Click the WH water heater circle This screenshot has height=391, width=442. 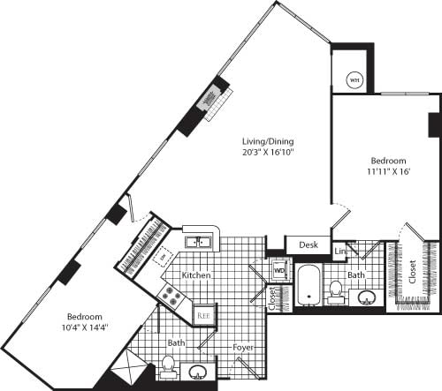(354, 80)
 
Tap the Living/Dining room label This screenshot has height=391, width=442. (269, 141)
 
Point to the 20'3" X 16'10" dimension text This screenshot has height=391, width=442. (269, 153)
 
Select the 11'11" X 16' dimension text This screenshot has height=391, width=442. (388, 173)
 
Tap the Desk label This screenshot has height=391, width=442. (308, 244)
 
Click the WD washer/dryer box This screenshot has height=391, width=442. (279, 269)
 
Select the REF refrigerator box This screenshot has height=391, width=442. (202, 314)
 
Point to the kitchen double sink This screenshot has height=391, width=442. (197, 240)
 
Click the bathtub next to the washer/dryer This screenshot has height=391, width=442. (309, 285)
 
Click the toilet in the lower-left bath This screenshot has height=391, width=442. (168, 364)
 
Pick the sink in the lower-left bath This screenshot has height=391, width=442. (199, 371)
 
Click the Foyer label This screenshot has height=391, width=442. (243, 349)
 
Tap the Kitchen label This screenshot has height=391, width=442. (196, 275)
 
